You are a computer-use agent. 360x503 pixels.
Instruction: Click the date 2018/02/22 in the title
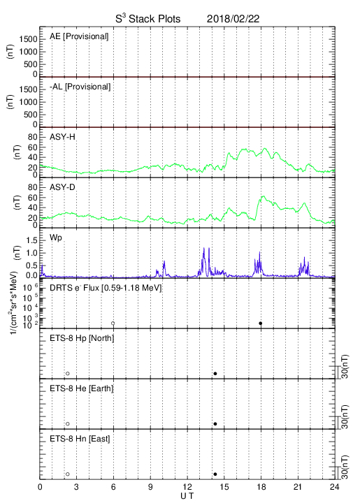coord(233,19)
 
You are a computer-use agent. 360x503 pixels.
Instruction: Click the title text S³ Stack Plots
coord(148,19)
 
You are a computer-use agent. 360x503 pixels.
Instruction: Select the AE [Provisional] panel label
coord(79,36)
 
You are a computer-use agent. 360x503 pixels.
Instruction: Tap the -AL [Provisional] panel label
coord(80,87)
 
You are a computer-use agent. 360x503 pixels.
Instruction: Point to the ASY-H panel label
coord(62,137)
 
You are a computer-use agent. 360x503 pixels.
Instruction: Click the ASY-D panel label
coord(62,187)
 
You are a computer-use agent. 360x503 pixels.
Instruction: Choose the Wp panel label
coord(56,238)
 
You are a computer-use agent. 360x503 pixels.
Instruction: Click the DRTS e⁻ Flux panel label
coord(106,288)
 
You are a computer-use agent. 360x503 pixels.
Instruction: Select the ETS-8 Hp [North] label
coord(82,338)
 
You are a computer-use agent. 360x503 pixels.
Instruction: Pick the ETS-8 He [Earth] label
coord(82,388)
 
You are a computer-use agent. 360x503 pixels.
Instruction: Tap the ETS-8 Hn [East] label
coord(80,439)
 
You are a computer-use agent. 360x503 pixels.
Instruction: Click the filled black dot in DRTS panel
coord(261,323)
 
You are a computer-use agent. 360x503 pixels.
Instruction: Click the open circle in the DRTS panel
coord(113,323)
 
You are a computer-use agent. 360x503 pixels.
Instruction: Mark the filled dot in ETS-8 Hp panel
coord(215,373)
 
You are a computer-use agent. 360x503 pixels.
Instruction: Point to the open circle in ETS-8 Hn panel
coord(68,474)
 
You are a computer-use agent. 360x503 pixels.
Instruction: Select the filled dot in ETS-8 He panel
coord(215,424)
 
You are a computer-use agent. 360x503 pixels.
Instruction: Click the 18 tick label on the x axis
coord(261,488)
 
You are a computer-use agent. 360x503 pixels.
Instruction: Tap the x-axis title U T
coord(187,496)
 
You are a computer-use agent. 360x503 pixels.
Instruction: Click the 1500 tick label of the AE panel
coord(28,39)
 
